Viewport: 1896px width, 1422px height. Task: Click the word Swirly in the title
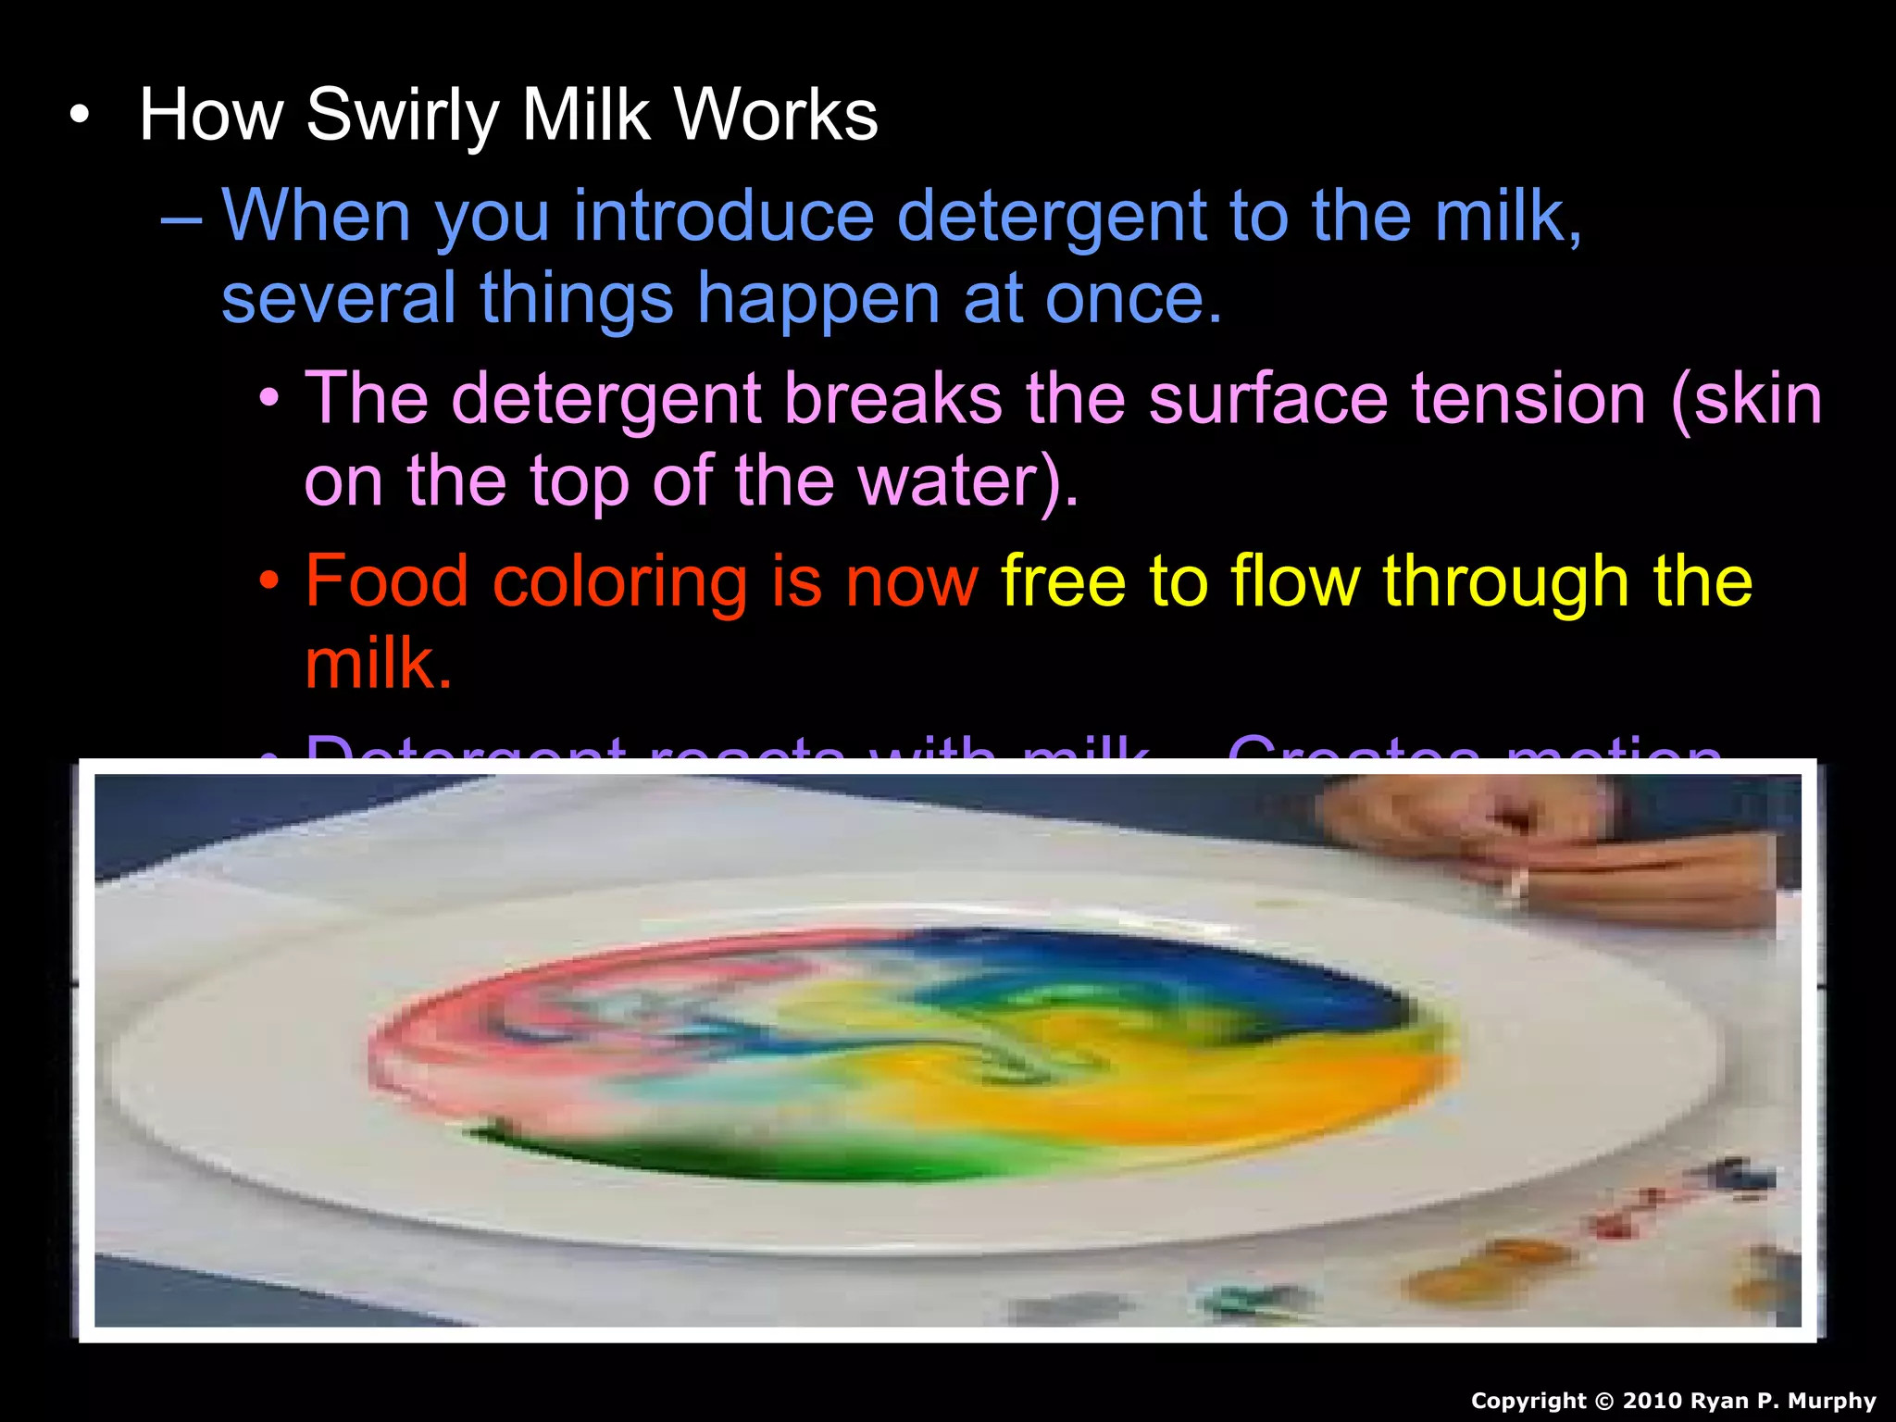[403, 116]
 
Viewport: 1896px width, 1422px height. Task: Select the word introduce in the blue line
[723, 216]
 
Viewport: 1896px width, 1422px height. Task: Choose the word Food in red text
[387, 581]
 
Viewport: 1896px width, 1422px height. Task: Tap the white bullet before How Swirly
[81, 117]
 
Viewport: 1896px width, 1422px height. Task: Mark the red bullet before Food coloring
[268, 582]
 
